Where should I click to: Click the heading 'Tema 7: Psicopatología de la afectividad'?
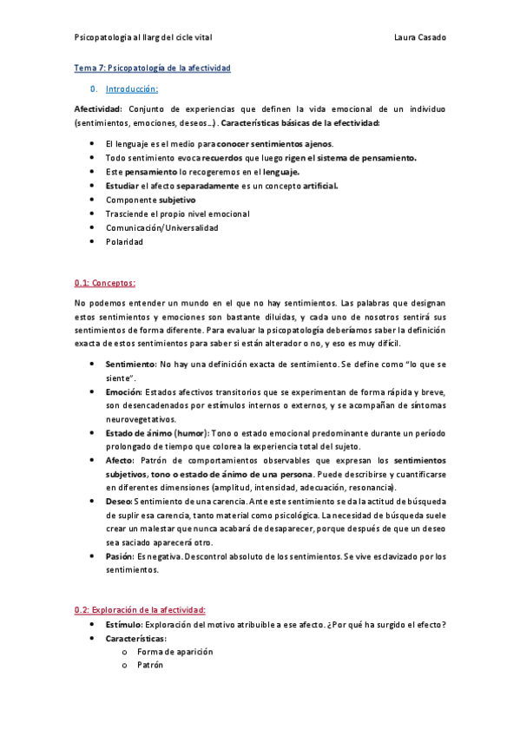point(153,68)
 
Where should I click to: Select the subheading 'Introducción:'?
point(131,89)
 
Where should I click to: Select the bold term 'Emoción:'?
point(124,392)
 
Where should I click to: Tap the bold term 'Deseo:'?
point(119,501)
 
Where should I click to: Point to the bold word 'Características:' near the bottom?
point(135,638)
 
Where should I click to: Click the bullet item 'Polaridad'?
point(124,242)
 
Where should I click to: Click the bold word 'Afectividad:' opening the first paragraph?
point(99,109)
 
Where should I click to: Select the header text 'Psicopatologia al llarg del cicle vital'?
point(143,37)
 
